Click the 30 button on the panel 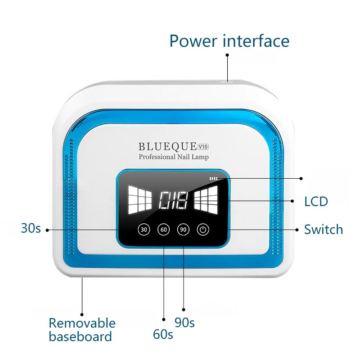(x=144, y=229)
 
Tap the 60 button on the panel (x=163, y=229)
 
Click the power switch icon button (x=203, y=229)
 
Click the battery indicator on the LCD (x=213, y=179)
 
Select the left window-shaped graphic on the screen (x=140, y=199)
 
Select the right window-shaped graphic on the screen (x=206, y=199)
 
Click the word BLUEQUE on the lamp (x=167, y=146)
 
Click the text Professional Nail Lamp (x=174, y=157)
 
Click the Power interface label (x=229, y=40)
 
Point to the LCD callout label (x=316, y=201)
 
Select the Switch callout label (x=323, y=229)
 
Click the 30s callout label (x=31, y=228)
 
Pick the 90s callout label (x=184, y=322)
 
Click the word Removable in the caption (x=82, y=323)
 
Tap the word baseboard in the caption (x=80, y=337)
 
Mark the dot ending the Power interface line (x=227, y=55)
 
